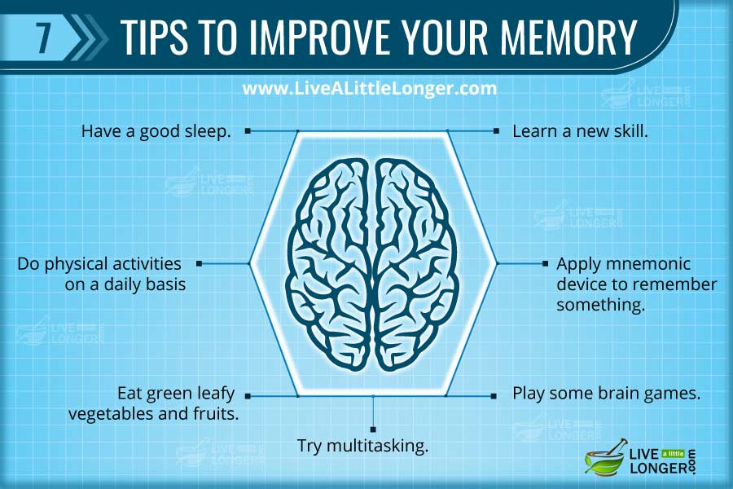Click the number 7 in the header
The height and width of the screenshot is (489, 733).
(42, 37)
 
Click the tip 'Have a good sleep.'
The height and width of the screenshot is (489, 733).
(156, 130)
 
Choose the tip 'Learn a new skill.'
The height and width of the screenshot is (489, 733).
(580, 130)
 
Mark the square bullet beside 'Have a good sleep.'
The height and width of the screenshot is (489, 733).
(248, 130)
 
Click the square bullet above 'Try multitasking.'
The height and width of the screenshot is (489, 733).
(373, 428)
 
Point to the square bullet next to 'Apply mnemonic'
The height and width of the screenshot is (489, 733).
(545, 264)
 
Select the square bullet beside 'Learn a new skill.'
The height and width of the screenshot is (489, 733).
(496, 130)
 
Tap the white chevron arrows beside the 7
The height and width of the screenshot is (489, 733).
(88, 37)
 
